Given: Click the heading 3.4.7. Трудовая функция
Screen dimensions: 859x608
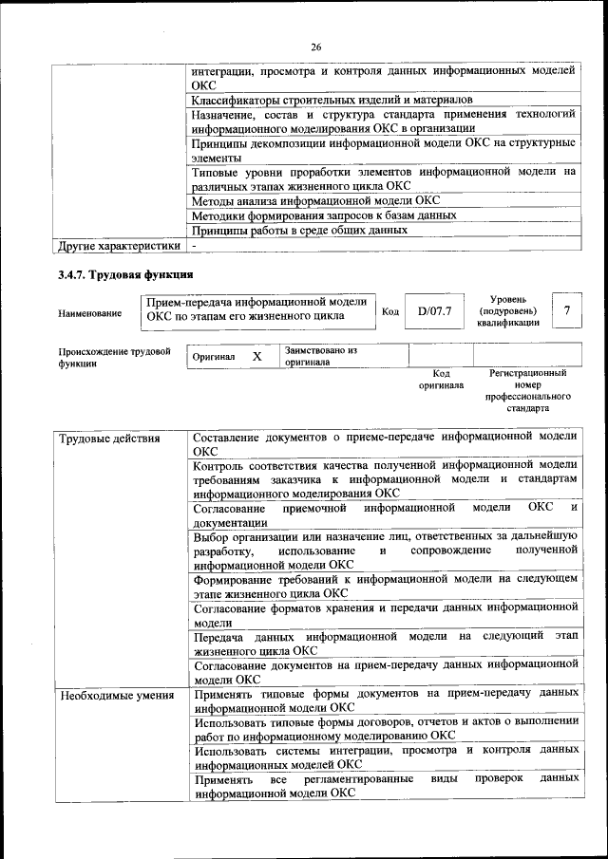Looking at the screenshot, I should click(x=125, y=274).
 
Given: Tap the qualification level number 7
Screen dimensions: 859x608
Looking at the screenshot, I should click(x=567, y=310).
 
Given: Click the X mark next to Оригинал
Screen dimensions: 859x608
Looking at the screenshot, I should click(x=256, y=356).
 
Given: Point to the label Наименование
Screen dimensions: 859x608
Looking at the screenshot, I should click(x=90, y=313).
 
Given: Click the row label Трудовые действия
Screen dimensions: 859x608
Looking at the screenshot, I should click(x=109, y=439).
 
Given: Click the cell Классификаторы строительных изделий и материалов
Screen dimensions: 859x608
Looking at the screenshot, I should click(x=332, y=99).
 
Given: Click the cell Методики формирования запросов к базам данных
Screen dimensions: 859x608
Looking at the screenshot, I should click(x=324, y=215).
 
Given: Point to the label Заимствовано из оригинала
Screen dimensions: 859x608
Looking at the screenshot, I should click(x=320, y=356).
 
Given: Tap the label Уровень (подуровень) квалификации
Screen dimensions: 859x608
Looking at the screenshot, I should click(x=508, y=310).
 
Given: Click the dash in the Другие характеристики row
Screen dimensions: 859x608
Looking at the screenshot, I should click(x=194, y=246).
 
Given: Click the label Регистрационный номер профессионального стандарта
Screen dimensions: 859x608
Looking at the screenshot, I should click(x=527, y=391).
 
